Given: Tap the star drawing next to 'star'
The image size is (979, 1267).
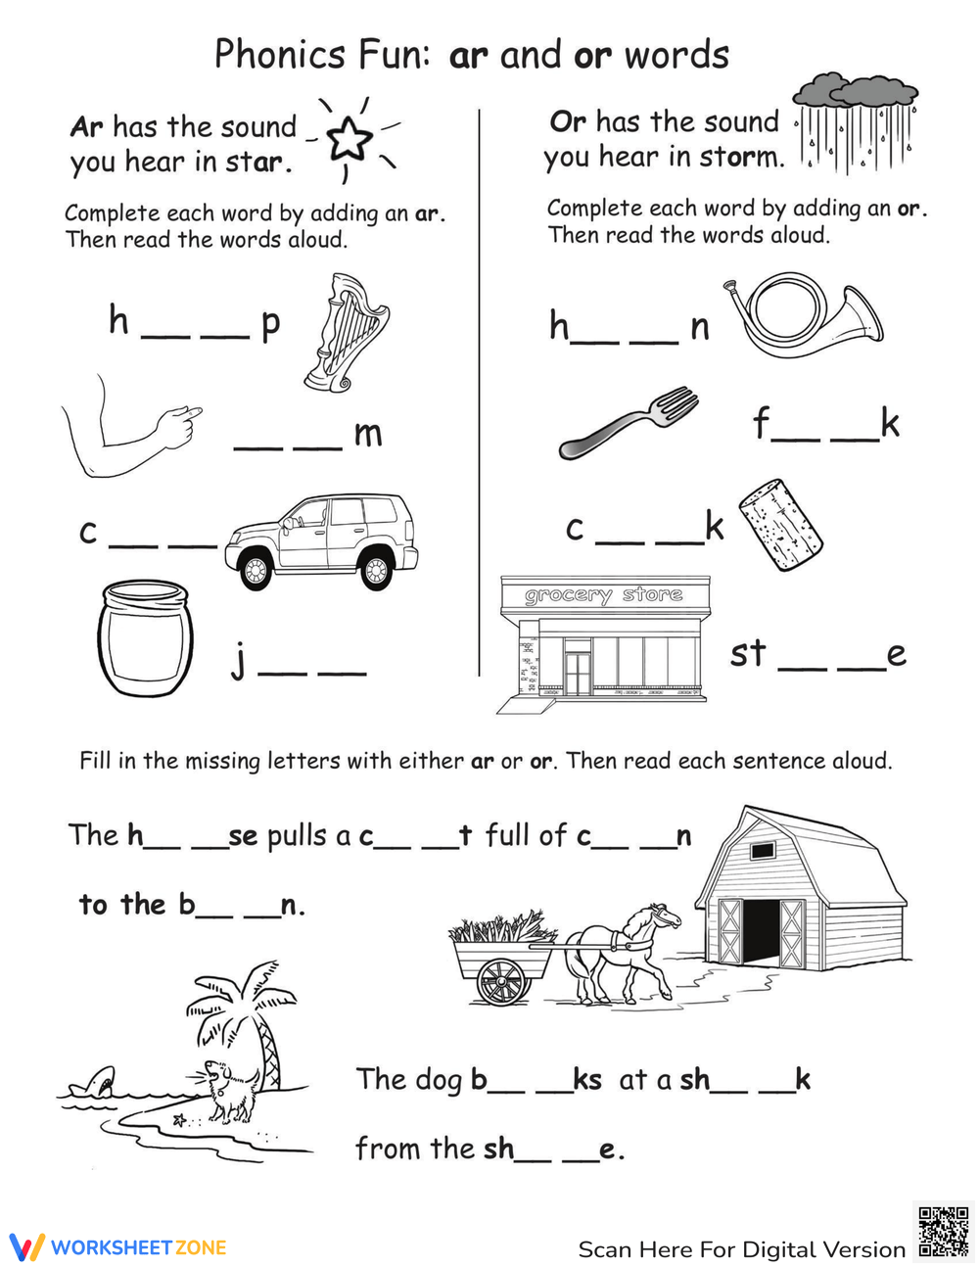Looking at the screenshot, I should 350,138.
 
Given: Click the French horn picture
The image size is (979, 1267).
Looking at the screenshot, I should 808,317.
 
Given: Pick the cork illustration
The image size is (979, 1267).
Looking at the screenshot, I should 779,525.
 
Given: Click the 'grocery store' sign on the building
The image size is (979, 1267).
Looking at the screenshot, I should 604,594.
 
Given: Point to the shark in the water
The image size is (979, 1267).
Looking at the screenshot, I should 98,1081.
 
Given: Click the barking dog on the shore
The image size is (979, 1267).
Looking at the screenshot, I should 231,1090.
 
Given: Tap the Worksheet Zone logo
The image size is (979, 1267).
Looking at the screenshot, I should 118,1247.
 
